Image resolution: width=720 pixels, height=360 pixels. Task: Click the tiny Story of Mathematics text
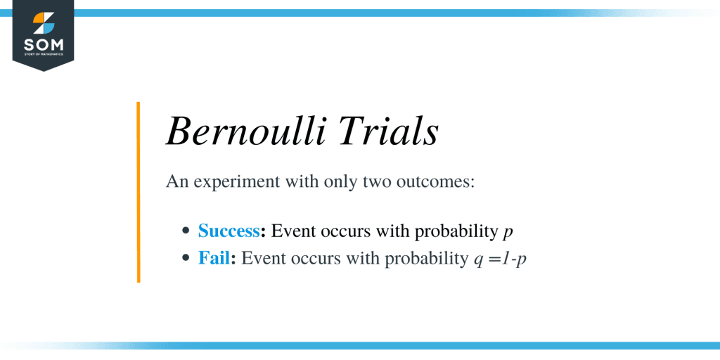click(44, 56)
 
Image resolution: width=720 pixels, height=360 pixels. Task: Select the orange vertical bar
click(139, 192)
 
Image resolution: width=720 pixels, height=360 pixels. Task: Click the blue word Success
click(229, 231)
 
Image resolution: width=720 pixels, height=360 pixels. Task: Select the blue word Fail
click(214, 258)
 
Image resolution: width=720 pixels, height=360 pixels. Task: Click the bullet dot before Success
click(186, 231)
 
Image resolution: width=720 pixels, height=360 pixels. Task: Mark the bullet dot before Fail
click(186, 258)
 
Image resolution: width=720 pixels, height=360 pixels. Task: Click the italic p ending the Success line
click(508, 232)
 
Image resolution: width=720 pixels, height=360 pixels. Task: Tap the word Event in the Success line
click(291, 231)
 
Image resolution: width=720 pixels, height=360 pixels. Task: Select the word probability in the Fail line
click(429, 259)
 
